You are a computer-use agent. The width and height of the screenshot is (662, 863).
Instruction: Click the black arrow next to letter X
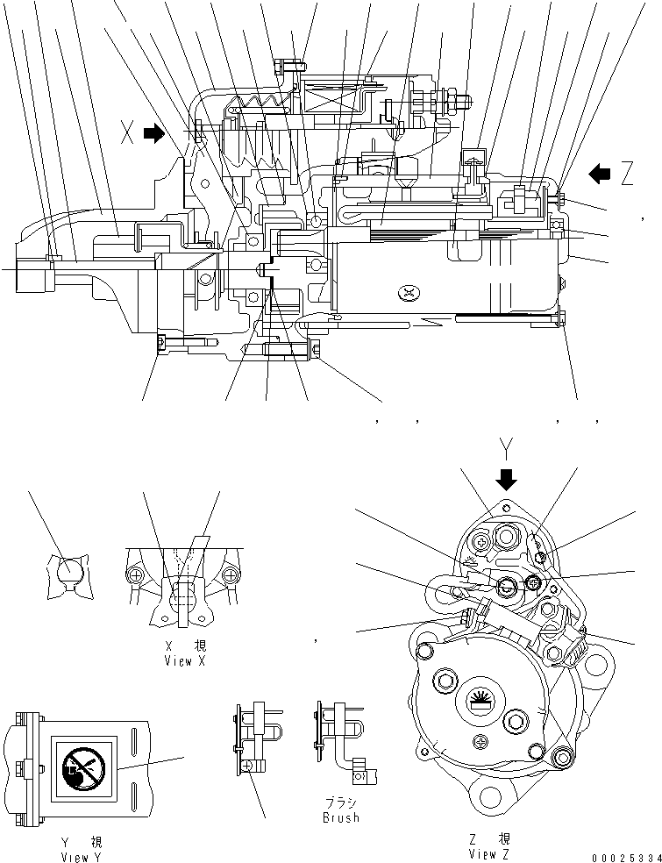click(153, 133)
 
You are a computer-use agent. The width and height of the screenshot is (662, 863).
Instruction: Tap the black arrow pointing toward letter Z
click(601, 174)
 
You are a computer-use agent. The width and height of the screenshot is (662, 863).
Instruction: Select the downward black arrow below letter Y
click(507, 478)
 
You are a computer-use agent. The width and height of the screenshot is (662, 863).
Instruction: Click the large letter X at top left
click(128, 133)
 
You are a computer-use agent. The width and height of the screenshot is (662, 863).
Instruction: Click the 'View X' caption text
click(184, 660)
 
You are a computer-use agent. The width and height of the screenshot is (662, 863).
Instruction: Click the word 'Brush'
click(340, 817)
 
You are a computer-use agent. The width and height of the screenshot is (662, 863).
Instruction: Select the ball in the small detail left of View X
click(68, 574)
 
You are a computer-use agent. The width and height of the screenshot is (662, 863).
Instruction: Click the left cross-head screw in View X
click(137, 575)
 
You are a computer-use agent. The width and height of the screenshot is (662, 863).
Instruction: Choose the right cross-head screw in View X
click(231, 575)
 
